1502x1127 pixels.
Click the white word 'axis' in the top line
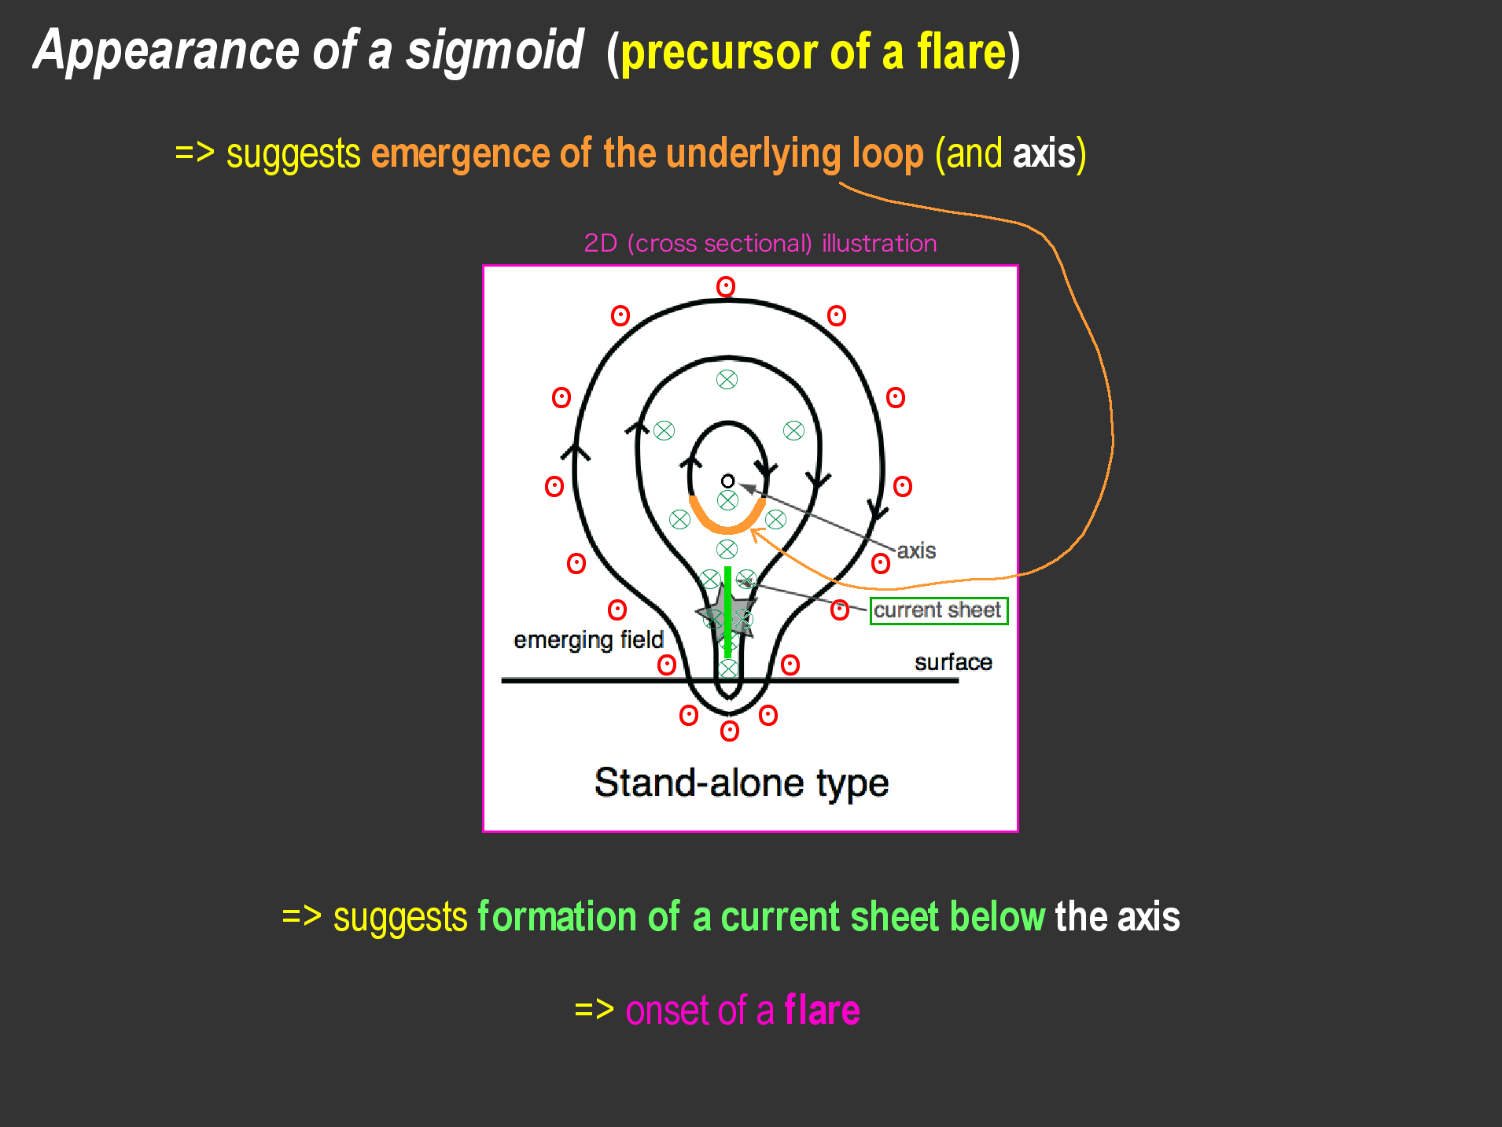pyautogui.click(x=1044, y=153)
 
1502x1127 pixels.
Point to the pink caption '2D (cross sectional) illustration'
pyautogui.click(x=760, y=243)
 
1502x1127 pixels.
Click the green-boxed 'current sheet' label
pyautogui.click(x=938, y=610)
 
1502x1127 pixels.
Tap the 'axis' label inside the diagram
pyautogui.click(x=916, y=551)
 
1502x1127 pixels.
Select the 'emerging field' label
pyautogui.click(x=589, y=640)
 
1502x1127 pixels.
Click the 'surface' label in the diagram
pyautogui.click(x=953, y=662)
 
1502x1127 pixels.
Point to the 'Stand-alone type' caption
pyautogui.click(x=742, y=783)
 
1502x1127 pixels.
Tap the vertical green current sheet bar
pyautogui.click(x=728, y=612)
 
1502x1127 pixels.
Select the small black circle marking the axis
pyautogui.click(x=727, y=481)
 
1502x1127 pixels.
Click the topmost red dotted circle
pyautogui.click(x=726, y=287)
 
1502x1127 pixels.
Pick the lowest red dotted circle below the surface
pyautogui.click(x=730, y=731)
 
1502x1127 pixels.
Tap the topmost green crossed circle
pyautogui.click(x=727, y=380)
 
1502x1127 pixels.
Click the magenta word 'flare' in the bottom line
pyautogui.click(x=822, y=1011)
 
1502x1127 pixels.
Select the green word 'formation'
pyautogui.click(x=557, y=918)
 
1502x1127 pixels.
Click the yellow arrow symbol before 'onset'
pyautogui.click(x=595, y=1010)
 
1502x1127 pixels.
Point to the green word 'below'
pyautogui.click(x=997, y=917)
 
